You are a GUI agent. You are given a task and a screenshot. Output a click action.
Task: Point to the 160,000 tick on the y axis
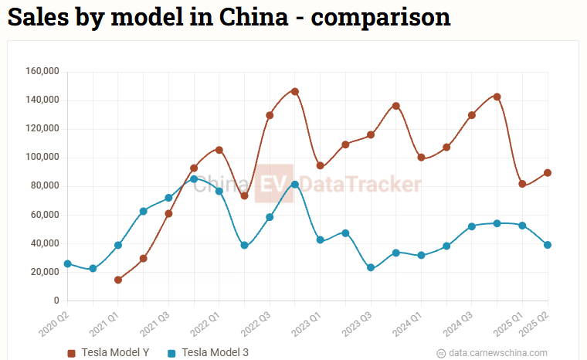pos(42,72)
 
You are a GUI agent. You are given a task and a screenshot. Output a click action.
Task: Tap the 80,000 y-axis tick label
pos(45,186)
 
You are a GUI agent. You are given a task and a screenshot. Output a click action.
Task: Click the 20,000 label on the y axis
pos(45,272)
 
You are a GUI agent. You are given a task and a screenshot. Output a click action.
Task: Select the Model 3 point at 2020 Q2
pos(67,264)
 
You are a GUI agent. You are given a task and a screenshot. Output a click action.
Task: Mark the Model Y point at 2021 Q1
pos(118,280)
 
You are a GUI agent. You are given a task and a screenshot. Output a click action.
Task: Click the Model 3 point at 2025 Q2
pos(548,245)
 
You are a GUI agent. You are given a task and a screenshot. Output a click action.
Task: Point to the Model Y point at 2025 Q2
pos(548,173)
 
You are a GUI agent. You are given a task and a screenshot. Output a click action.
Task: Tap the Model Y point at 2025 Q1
pos(522,184)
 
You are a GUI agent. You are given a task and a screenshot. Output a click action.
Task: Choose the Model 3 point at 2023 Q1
pos(320,240)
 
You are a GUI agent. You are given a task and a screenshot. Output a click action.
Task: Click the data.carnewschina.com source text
pos(497,353)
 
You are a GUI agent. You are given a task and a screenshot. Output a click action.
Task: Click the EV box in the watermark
pos(275,184)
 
